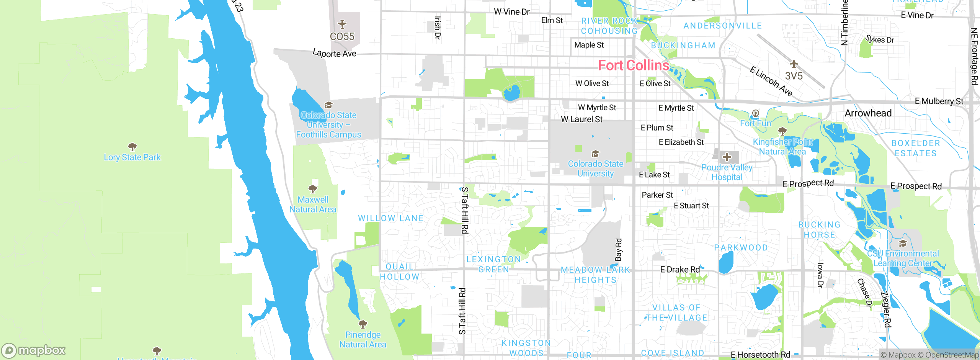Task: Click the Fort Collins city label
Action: (x=634, y=65)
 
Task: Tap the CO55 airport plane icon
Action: (x=342, y=25)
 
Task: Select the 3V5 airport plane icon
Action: (x=794, y=64)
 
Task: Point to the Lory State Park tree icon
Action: (x=132, y=147)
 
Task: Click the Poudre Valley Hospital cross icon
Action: (x=727, y=157)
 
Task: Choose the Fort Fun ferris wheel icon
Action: (x=755, y=113)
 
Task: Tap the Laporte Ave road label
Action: (x=334, y=53)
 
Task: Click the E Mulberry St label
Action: (x=939, y=101)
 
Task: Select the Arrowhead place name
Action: (x=868, y=113)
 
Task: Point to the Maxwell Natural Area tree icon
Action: (x=313, y=189)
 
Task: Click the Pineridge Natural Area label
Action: (x=363, y=340)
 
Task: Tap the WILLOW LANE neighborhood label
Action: (x=390, y=218)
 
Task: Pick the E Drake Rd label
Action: (x=680, y=270)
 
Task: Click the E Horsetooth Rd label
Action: (x=760, y=355)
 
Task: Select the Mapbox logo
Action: (x=34, y=350)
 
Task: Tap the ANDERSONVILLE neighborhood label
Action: (x=722, y=26)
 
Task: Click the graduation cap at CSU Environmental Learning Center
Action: (x=903, y=244)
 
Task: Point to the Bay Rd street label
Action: (x=618, y=250)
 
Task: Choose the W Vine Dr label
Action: (x=511, y=12)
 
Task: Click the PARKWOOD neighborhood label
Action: (x=741, y=248)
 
